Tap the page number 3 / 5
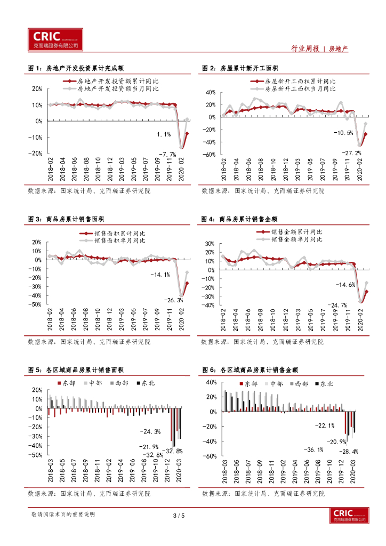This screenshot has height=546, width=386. click(x=179, y=515)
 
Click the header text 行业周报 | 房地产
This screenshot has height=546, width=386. click(x=319, y=49)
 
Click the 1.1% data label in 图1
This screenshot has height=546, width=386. click(x=164, y=134)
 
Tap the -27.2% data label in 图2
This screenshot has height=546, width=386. click(x=351, y=153)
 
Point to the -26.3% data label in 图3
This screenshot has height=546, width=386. click(x=173, y=300)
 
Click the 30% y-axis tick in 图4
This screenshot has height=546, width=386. click(x=208, y=243)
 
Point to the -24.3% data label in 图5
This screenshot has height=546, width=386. click(x=150, y=431)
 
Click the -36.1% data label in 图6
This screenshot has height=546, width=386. click(x=313, y=449)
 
